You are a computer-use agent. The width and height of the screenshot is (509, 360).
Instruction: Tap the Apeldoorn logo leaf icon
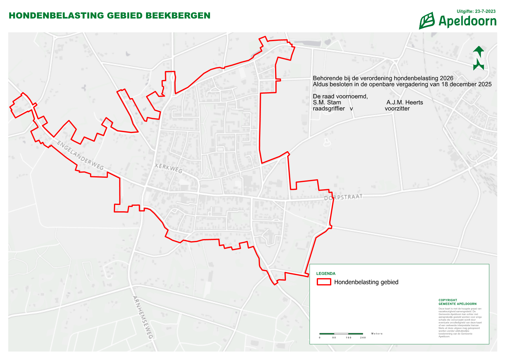(x=427, y=21)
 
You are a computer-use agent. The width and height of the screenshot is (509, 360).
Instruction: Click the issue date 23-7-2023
(x=485, y=11)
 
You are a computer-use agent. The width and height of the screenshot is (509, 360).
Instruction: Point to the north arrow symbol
(x=478, y=58)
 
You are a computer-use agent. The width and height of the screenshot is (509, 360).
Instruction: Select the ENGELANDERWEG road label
(x=80, y=155)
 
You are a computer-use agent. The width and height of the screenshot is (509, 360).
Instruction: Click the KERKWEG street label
(x=169, y=168)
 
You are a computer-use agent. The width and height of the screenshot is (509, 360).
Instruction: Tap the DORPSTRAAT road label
(x=343, y=197)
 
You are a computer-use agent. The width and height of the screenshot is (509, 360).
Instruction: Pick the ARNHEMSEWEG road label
(x=143, y=317)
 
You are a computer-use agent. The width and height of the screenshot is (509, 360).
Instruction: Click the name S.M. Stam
(x=327, y=102)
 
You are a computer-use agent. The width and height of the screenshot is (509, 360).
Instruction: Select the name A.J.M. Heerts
(x=405, y=102)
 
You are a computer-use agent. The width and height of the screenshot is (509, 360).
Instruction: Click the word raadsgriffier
(x=329, y=109)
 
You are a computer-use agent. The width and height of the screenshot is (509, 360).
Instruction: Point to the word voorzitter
(x=397, y=109)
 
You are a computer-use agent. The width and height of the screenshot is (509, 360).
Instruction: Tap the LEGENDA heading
(x=326, y=274)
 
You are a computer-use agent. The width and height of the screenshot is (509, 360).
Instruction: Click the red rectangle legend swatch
(x=324, y=282)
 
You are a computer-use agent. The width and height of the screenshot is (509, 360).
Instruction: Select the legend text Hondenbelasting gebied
(x=366, y=282)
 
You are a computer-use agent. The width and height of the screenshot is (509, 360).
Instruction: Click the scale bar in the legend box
(x=341, y=334)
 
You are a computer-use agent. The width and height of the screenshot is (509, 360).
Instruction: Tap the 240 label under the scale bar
(x=363, y=338)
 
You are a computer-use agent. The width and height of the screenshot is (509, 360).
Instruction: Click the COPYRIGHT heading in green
(x=448, y=300)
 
